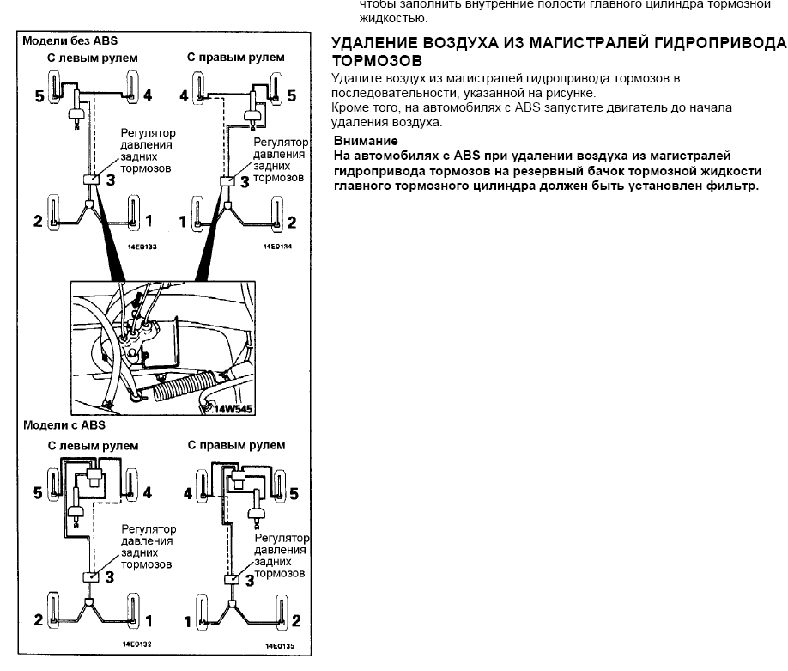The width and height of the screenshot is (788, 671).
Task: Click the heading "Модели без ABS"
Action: click(70, 40)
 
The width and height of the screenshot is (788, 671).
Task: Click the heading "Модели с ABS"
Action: click(64, 424)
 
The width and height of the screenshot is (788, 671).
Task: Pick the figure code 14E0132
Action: click(138, 643)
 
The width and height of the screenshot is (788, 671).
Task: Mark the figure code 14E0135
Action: click(279, 644)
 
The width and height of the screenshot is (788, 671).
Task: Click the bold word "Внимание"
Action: click(366, 141)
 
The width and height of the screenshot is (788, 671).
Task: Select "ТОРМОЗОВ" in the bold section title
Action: click(376, 62)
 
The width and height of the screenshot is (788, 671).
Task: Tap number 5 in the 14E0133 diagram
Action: click(39, 95)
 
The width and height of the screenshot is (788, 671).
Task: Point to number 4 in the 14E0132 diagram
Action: click(148, 493)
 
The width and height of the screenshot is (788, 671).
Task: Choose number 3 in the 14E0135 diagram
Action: click(249, 580)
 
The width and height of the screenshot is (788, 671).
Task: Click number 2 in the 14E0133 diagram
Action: click(38, 222)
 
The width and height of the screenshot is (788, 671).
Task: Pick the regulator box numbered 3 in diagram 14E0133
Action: click(90, 180)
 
